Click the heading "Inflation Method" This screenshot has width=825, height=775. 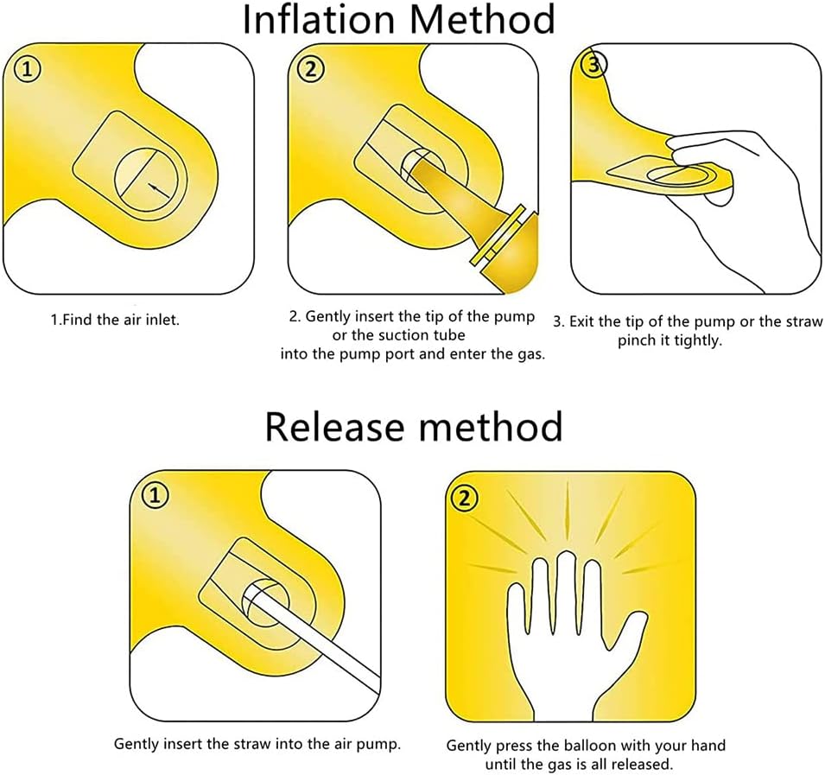pyautogui.click(x=398, y=20)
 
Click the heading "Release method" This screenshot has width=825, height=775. pyautogui.click(x=414, y=426)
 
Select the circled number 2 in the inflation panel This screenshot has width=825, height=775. pyautogui.click(x=311, y=69)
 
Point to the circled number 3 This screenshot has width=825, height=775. pyautogui.click(x=594, y=64)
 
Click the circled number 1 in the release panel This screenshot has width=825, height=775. pyautogui.click(x=155, y=496)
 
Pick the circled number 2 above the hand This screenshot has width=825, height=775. pyautogui.click(x=464, y=498)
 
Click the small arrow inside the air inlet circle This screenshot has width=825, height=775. pyautogui.click(x=160, y=190)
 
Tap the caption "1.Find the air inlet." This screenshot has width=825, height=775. pyautogui.click(x=115, y=320)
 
